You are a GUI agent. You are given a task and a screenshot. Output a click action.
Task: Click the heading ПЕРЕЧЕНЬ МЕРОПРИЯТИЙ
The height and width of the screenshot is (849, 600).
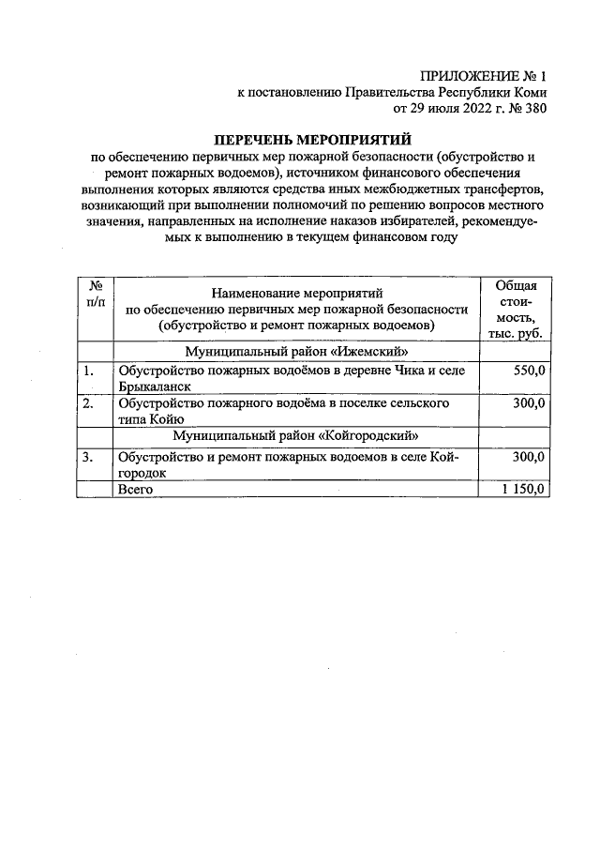pyautogui.click(x=307, y=140)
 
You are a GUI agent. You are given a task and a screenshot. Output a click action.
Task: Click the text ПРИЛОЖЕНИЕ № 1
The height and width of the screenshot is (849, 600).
pyautogui.click(x=482, y=75)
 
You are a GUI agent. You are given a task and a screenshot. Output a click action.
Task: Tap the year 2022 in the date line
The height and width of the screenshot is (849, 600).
pyautogui.click(x=458, y=109)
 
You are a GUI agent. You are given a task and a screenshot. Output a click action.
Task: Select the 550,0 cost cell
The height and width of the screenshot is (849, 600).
pyautogui.click(x=527, y=371)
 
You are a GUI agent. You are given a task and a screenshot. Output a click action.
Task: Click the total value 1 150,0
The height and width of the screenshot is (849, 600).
pyautogui.click(x=520, y=490)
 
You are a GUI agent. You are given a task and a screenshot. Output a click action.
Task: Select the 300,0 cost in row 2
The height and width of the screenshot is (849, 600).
pyautogui.click(x=527, y=403)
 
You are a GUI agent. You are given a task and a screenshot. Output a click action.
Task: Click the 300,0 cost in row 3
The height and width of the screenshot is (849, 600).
pyautogui.click(x=527, y=457)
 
